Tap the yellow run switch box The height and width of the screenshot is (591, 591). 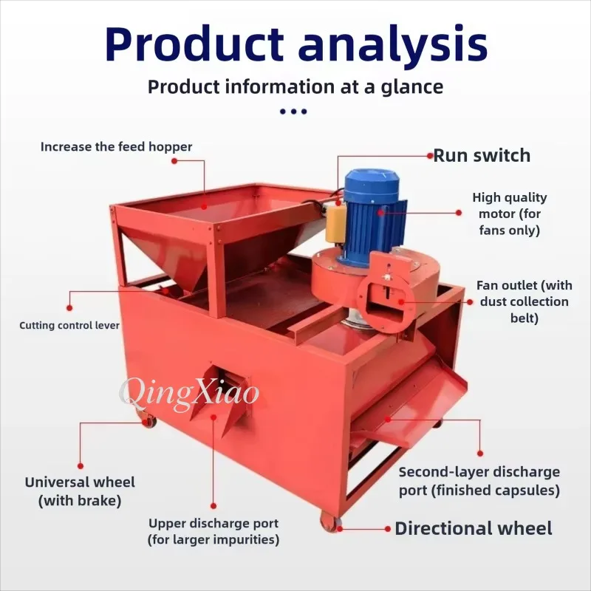(336, 225)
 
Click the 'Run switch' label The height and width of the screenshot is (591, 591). (482, 155)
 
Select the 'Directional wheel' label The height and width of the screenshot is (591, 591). (474, 528)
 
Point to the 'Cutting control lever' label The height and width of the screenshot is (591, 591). (69, 325)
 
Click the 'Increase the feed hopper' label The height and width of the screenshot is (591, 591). (116, 146)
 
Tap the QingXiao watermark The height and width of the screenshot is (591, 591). (189, 393)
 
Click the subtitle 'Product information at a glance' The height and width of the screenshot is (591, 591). (295, 86)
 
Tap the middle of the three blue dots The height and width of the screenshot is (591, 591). (293, 112)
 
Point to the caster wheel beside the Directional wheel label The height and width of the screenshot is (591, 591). (330, 522)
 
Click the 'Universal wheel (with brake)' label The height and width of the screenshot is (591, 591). (80, 491)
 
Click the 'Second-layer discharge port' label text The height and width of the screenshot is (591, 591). (479, 481)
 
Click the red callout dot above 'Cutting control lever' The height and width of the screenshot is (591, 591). (69, 308)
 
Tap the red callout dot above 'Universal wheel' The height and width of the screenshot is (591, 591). (81, 466)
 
